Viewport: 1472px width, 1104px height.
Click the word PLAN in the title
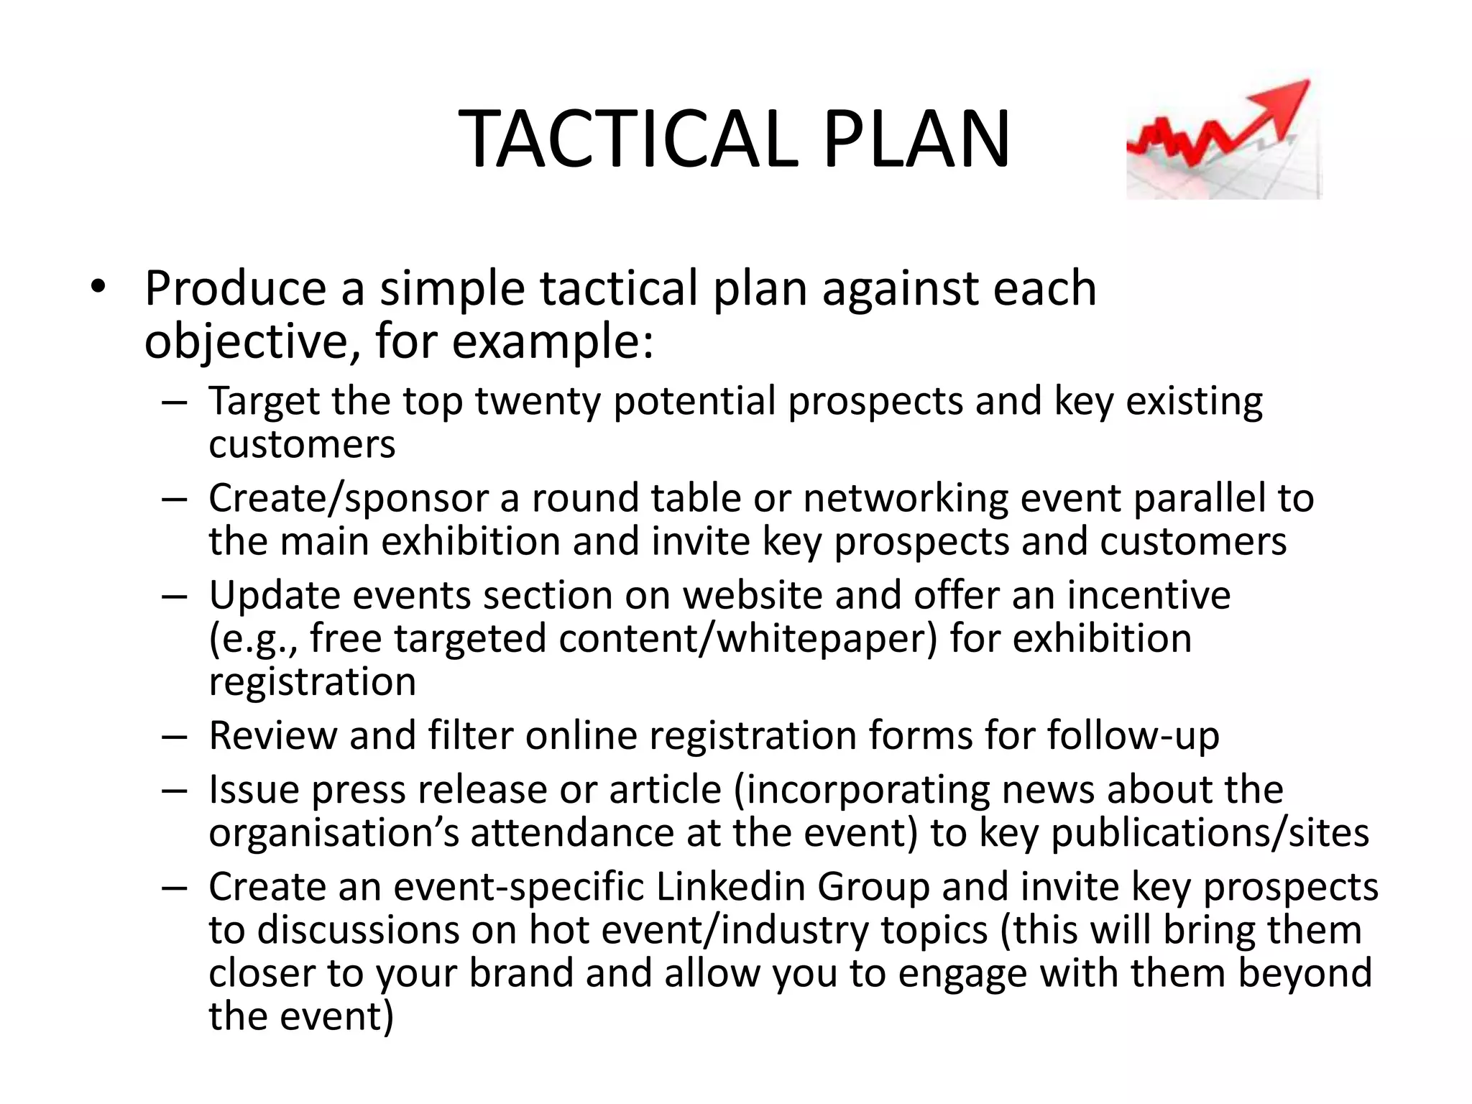coord(916,140)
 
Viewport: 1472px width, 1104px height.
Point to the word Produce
coord(236,289)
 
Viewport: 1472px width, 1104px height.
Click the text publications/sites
coord(1210,833)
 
